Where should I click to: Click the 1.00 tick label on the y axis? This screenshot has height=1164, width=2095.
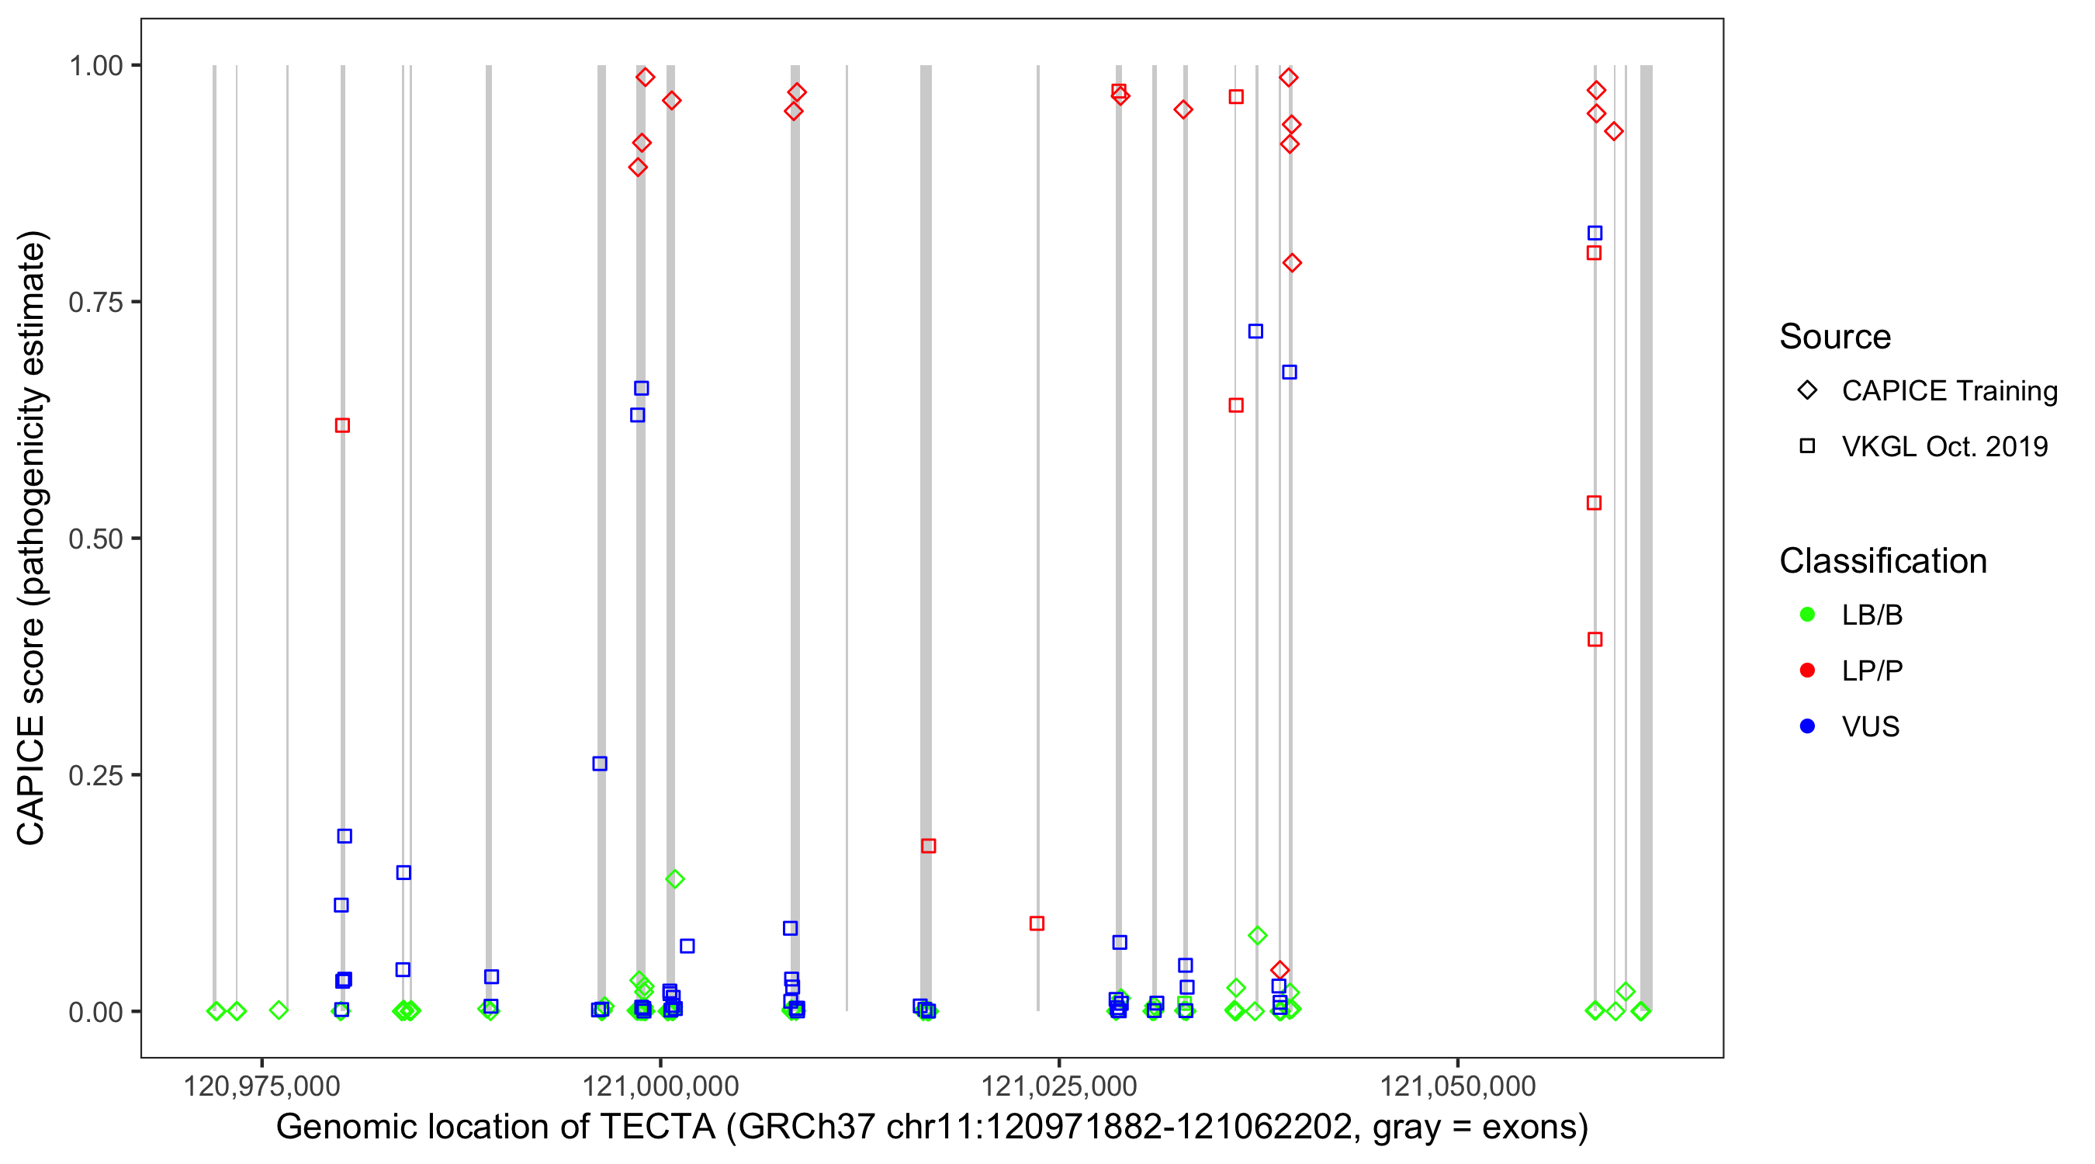point(95,65)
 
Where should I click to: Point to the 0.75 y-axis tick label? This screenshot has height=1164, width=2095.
point(95,302)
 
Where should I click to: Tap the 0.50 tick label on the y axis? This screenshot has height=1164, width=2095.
point(95,539)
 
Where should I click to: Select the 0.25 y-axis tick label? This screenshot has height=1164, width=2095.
point(95,775)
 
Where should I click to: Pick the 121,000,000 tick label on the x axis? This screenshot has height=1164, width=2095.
point(660,1086)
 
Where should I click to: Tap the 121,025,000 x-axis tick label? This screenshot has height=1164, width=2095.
point(1059,1086)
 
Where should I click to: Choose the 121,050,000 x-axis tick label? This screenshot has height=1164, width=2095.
point(1457,1086)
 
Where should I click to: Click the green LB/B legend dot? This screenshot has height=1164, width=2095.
point(1807,615)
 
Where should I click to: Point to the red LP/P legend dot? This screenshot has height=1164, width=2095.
point(1807,670)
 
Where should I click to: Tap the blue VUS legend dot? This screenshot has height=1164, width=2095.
point(1807,726)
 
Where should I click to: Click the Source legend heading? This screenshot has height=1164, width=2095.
point(1835,337)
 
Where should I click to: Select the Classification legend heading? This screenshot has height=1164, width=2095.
point(1882,561)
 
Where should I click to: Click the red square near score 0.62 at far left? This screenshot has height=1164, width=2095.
point(342,425)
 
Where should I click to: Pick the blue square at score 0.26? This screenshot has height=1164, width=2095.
point(599,764)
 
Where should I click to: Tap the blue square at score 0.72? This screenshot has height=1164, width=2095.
point(1255,331)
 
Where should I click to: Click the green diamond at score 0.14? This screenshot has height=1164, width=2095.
point(674,879)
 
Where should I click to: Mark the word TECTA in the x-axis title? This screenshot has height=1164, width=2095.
point(657,1128)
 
